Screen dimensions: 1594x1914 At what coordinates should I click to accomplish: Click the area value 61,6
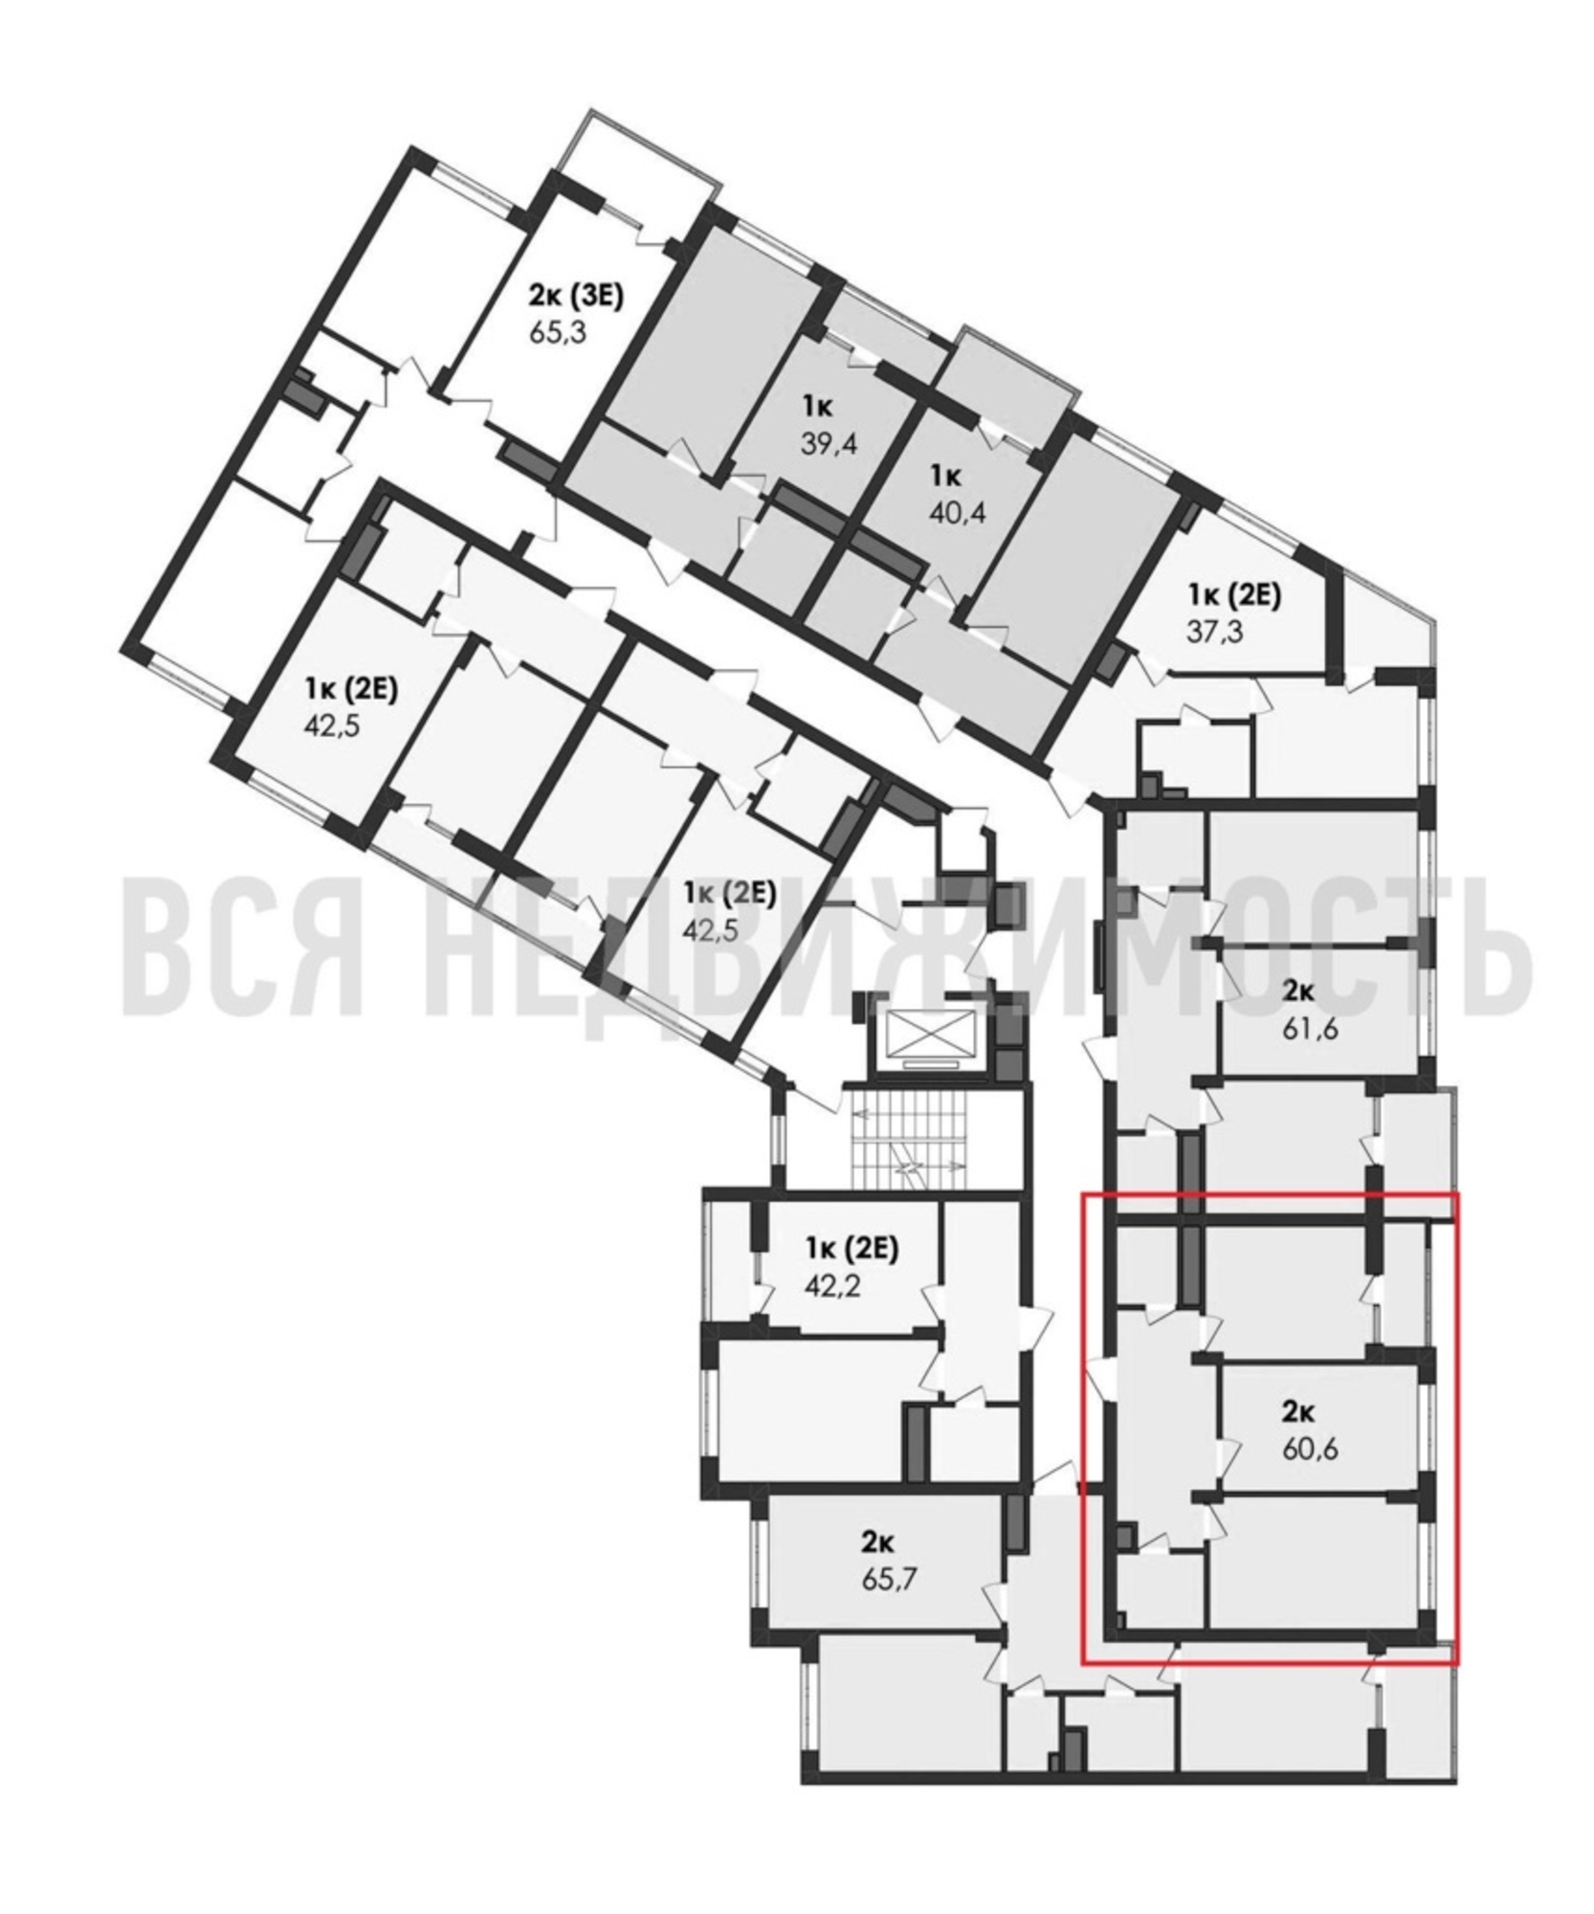click(x=1310, y=1031)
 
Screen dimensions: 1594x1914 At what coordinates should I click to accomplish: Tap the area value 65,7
click(x=890, y=1578)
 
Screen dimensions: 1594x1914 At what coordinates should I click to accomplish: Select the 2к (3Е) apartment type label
click(x=575, y=297)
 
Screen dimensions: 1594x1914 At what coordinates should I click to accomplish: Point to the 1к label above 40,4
click(x=948, y=477)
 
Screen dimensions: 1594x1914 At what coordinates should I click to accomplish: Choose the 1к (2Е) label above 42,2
click(x=852, y=1250)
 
